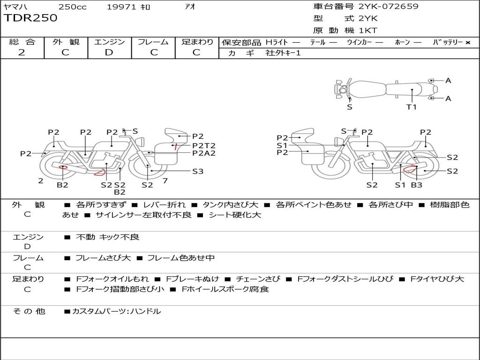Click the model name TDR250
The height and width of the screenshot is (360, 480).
click(x=30, y=18)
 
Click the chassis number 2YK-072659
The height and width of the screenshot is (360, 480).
click(x=389, y=7)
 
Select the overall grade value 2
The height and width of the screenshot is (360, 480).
click(x=22, y=52)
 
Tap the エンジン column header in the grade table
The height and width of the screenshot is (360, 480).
click(x=109, y=42)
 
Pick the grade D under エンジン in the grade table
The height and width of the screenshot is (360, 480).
click(x=109, y=52)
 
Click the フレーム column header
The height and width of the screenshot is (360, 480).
click(x=153, y=42)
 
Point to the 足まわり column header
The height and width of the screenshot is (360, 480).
click(x=197, y=42)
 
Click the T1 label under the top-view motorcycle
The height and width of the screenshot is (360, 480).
click(x=411, y=107)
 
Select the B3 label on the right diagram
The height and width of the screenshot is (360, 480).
click(x=416, y=185)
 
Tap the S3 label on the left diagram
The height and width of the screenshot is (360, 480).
click(x=198, y=171)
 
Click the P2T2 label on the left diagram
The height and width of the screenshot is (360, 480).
click(x=204, y=145)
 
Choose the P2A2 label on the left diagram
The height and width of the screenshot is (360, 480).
click(x=204, y=153)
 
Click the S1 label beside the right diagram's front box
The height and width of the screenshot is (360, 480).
click(x=282, y=145)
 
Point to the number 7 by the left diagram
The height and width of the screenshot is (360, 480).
click(x=165, y=180)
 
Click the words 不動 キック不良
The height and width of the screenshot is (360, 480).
click(x=108, y=237)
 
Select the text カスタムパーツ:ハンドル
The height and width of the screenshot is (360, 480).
click(x=116, y=311)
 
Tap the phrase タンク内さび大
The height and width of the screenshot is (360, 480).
click(x=231, y=205)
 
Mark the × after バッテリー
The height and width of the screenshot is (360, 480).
click(x=467, y=43)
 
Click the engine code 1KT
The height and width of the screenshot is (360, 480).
click(x=368, y=30)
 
